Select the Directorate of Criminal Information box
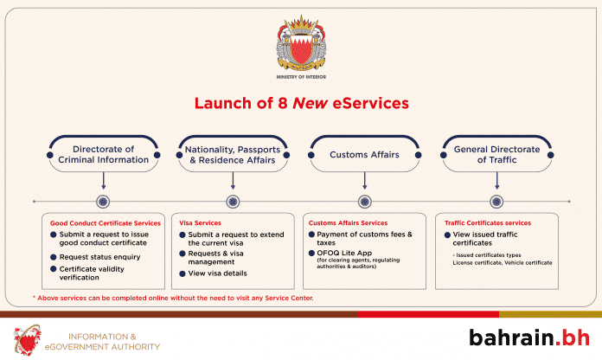104,154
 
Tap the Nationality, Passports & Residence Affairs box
232,154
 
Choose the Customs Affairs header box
364,154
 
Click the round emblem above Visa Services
232,202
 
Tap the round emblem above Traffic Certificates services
496,202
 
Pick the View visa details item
218,273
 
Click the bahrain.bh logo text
525,336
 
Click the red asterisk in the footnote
35,297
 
